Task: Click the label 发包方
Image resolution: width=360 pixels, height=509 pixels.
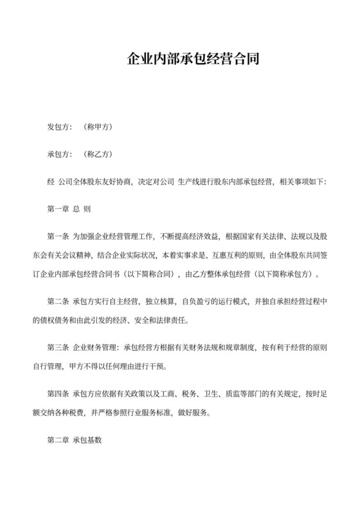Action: click(x=59, y=127)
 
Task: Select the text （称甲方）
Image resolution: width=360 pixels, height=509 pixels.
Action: click(x=98, y=127)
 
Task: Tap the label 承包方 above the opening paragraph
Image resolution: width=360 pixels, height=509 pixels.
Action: click(x=59, y=154)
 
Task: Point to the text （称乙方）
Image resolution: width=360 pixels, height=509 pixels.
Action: click(x=98, y=154)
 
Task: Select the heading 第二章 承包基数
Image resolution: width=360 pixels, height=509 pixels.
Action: click(x=75, y=442)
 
